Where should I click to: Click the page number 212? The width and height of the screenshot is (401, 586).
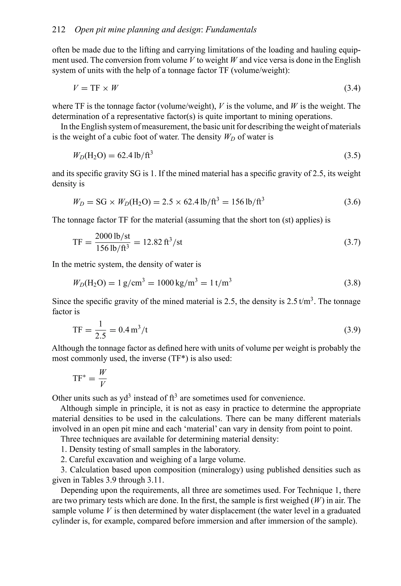[x=59, y=30]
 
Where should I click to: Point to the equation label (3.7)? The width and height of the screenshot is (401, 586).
[x=352, y=242]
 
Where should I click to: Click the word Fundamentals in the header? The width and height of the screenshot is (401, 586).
[x=231, y=30]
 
